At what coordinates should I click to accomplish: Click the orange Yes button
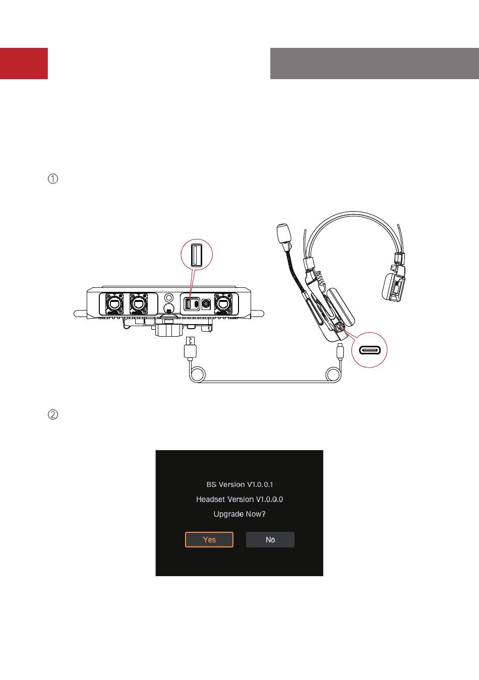coord(209,539)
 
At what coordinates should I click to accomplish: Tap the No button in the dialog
coord(270,539)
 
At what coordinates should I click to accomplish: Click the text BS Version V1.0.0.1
coord(239,484)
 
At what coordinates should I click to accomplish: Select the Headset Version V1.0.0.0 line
coord(239,499)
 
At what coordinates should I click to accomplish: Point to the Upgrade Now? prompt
coord(239,514)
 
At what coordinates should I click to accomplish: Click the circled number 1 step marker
coord(53,178)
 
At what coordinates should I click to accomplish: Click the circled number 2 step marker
coord(53,415)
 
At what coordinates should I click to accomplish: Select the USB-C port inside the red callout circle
coord(370,350)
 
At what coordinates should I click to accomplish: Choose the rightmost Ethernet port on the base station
coord(222,304)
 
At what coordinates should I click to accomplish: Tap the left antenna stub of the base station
coord(80,314)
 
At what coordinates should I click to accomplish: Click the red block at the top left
coord(24,64)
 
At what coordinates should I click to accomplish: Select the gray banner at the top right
coord(374,64)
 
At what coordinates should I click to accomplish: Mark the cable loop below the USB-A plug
coord(198,375)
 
